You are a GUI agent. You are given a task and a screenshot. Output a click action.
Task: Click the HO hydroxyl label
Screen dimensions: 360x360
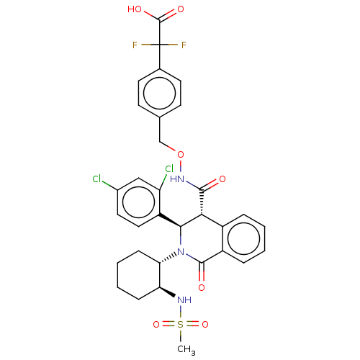135,9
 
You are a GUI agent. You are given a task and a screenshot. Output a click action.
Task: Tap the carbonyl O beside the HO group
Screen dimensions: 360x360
181,9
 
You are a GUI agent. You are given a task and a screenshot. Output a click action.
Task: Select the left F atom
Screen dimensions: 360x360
135,45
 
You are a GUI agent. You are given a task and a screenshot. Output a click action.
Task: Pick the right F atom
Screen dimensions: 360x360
184,45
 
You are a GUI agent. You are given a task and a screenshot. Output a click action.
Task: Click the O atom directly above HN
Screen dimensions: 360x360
181,155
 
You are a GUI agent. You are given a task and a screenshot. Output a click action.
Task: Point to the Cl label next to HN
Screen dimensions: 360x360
168,169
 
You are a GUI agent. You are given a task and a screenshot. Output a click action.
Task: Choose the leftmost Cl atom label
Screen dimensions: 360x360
96,179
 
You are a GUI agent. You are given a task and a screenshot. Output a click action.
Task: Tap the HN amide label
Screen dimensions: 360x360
177,179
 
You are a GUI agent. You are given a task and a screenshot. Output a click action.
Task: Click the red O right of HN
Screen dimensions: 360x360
222,179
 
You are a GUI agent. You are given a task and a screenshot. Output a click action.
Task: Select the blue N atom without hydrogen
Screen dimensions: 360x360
181,252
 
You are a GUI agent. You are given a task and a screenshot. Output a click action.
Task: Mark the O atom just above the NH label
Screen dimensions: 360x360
202,287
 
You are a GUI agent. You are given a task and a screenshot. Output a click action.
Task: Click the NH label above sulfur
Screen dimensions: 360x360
184,300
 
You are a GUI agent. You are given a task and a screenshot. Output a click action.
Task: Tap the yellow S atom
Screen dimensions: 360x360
181,325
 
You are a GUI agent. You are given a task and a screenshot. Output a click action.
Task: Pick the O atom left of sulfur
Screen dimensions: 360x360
156,325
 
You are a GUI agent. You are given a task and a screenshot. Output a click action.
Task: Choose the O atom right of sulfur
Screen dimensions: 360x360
205,325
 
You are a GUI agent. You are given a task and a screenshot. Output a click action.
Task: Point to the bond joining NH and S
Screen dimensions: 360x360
181,312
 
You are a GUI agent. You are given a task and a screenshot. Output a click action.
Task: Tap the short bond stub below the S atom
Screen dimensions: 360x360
181,333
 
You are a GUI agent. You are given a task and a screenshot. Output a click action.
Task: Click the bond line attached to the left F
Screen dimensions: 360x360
146,45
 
